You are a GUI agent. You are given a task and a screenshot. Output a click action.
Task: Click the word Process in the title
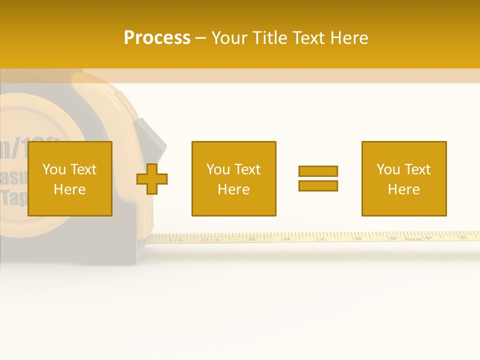tap(157, 38)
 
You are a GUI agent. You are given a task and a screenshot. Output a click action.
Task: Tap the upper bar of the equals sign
tap(318, 171)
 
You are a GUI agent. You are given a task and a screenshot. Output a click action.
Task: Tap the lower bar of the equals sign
tap(318, 185)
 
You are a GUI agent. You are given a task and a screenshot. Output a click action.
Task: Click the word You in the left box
tap(53, 169)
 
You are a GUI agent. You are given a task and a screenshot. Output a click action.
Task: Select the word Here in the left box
tap(69, 189)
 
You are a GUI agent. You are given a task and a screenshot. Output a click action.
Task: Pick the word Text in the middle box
tap(247, 169)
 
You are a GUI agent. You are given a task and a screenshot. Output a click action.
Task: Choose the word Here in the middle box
tap(233, 189)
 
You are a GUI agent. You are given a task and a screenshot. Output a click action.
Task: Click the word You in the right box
tap(388, 169)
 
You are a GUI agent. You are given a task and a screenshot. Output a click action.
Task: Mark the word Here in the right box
tap(403, 189)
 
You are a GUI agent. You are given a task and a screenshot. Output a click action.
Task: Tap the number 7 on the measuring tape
tap(323, 238)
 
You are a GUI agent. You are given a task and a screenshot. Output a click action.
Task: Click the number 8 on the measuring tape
tap(287, 238)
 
